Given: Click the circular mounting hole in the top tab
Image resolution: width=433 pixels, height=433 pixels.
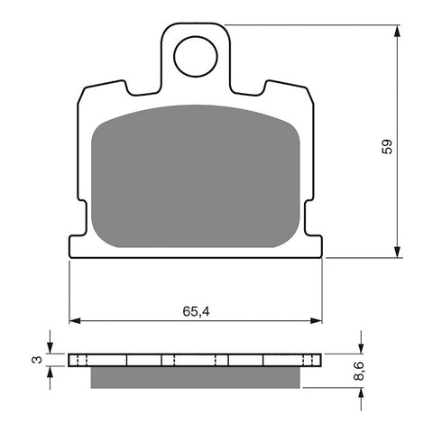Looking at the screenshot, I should pyautogui.click(x=196, y=57).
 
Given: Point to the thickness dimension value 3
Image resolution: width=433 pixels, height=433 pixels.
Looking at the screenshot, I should pyautogui.click(x=35, y=360).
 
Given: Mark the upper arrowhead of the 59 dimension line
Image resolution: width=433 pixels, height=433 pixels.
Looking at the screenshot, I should pyautogui.click(x=398, y=31).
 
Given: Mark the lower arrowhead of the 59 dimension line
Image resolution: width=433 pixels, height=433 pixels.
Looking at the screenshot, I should pyautogui.click(x=398, y=253).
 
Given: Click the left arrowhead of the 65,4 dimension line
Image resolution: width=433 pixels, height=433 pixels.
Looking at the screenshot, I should pyautogui.click(x=75, y=320).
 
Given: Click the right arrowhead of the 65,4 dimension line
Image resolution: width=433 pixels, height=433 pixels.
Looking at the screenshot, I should pyautogui.click(x=317, y=320).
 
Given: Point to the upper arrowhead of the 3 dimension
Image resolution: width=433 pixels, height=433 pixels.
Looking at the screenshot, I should pyautogui.click(x=51, y=349).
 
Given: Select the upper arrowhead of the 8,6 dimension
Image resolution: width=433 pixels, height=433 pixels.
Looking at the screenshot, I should pyautogui.click(x=361, y=349).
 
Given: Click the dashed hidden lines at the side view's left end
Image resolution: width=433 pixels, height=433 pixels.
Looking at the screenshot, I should pyautogui.click(x=78, y=360).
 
